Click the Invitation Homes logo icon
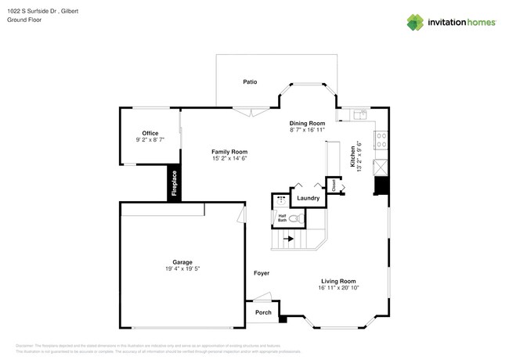[415, 23]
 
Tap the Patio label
[250, 81]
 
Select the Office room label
[150, 133]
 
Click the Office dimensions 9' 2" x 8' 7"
[150, 140]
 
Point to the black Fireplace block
[174, 184]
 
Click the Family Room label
[229, 152]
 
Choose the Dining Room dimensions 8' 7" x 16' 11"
[307, 130]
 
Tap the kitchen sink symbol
[359, 114]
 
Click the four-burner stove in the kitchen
[381, 140]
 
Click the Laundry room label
[308, 198]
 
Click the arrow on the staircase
[289, 239]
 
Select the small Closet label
[333, 186]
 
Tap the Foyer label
[262, 273]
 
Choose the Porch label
[264, 312]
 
